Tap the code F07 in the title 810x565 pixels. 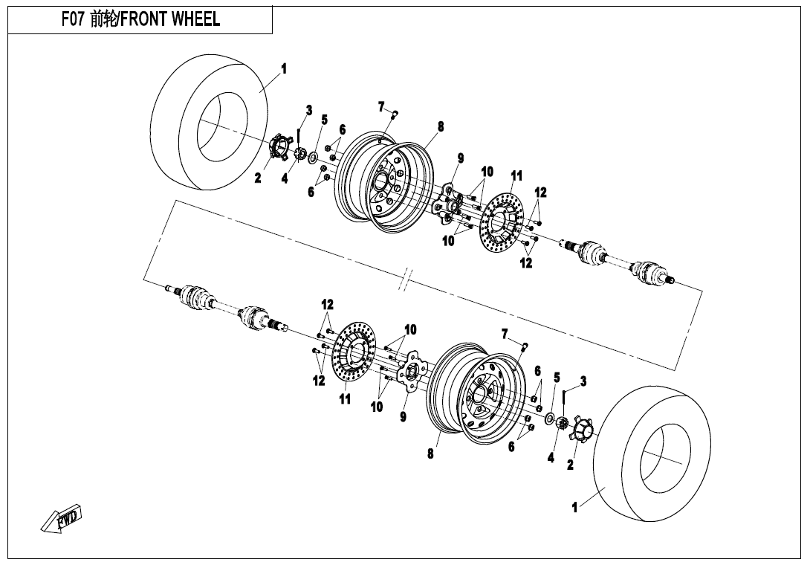(x=74, y=19)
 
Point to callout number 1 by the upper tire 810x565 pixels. (x=283, y=69)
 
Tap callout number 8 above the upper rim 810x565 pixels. (x=441, y=126)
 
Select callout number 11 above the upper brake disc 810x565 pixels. (x=516, y=175)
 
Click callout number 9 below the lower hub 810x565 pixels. (x=403, y=416)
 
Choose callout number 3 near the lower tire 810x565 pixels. (x=583, y=381)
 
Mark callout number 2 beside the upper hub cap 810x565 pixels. (x=258, y=178)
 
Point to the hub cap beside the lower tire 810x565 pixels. (x=580, y=430)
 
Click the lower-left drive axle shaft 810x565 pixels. (x=223, y=304)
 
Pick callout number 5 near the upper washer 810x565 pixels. (x=324, y=119)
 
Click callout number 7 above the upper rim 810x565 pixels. (x=380, y=106)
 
